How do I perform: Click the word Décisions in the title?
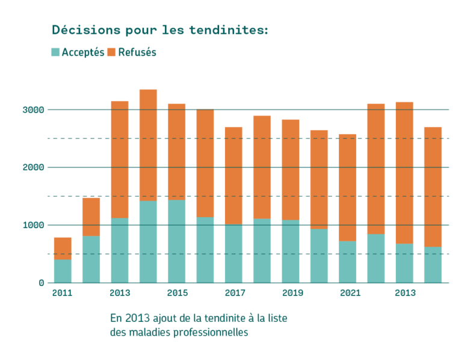coord(86,30)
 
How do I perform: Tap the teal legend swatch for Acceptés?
coord(55,52)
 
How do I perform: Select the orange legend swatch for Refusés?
coord(111,52)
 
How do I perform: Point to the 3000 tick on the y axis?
coord(33,110)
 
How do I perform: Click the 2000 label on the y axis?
coord(33,167)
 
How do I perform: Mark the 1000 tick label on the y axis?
coord(33,225)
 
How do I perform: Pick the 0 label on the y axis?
coord(42,283)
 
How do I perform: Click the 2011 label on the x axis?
coord(62,293)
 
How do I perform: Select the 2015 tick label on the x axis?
coord(178,293)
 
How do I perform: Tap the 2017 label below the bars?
coord(235,293)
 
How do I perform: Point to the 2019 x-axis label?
coord(292,293)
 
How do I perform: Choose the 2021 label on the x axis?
coord(350,293)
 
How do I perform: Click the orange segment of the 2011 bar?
coord(63,248)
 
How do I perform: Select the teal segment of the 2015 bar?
coord(177,241)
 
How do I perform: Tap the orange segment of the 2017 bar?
coord(233,176)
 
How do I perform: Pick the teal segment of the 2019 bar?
coord(291,251)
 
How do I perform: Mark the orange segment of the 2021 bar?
coord(348,188)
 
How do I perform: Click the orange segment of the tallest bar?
coord(148,146)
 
